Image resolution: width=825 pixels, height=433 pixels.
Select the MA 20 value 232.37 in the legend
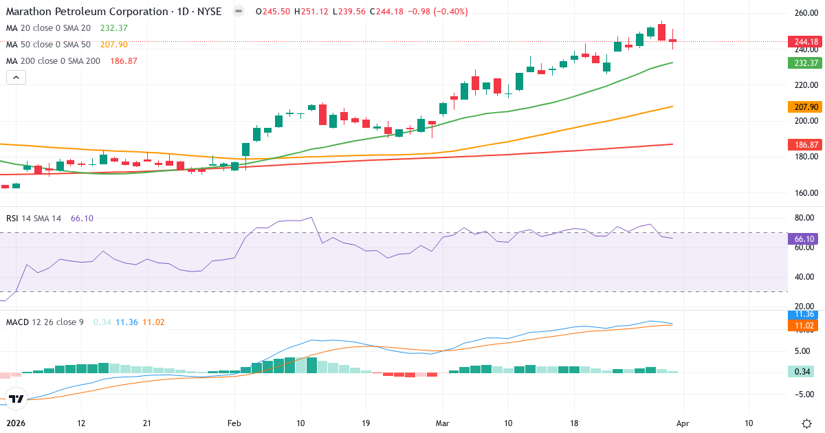coord(114,27)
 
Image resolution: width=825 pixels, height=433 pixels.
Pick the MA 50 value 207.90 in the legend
coord(114,44)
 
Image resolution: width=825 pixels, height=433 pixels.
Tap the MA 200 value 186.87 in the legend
coord(123,60)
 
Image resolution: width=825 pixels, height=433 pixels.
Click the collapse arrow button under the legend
coord(16,78)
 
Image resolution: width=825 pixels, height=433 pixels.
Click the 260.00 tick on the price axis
coord(805,13)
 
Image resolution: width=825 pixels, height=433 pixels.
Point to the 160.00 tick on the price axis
coord(805,193)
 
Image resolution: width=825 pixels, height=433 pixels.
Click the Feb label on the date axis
coord(234,423)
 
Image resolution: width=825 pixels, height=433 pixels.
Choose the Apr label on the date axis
coord(683,423)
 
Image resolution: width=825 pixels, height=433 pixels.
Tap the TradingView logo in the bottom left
coord(16,398)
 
